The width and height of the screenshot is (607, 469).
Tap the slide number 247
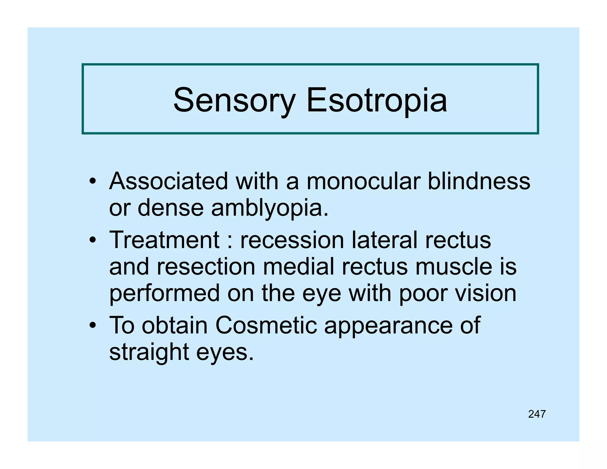pyautogui.click(x=537, y=414)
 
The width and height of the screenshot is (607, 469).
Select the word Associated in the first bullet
pyautogui.click(x=169, y=181)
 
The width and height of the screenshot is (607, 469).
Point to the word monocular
pyautogui.click(x=363, y=181)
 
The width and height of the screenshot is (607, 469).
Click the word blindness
pyautogui.click(x=479, y=181)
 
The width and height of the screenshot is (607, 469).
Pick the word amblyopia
pyautogui.click(x=270, y=208)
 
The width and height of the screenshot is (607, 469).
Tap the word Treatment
pyautogui.click(x=164, y=240)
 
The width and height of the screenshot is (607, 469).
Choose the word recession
pyautogui.click(x=292, y=240)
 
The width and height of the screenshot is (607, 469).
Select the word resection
pyautogui.click(x=206, y=267)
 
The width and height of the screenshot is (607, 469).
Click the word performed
pyautogui.click(x=164, y=293)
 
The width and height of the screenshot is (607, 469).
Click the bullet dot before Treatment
pyautogui.click(x=93, y=240)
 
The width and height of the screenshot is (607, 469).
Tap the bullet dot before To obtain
pyautogui.click(x=93, y=326)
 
